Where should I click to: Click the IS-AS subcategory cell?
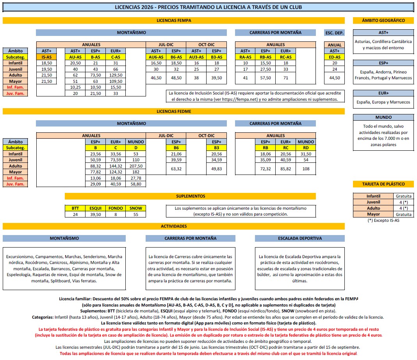(x=46, y=57)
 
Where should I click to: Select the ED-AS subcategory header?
(x=335, y=57)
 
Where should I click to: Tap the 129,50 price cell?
(x=116, y=75)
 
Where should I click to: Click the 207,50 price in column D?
(x=136, y=166)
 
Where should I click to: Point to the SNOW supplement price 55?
(x=136, y=214)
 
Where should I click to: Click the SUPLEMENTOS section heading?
(x=190, y=196)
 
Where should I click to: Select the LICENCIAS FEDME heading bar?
(x=173, y=111)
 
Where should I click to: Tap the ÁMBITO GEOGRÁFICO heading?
(x=383, y=20)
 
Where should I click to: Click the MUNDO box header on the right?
(x=383, y=117)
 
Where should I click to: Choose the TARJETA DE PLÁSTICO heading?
(x=383, y=184)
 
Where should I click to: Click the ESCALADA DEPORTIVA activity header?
(x=300, y=238)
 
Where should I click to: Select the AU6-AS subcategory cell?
(x=156, y=57)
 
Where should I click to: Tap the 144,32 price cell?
(x=116, y=166)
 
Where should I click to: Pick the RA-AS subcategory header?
(x=245, y=57)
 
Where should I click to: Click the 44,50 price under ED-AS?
(x=335, y=78)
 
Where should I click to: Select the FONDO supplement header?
(x=116, y=208)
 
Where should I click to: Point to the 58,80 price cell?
(x=136, y=184)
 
